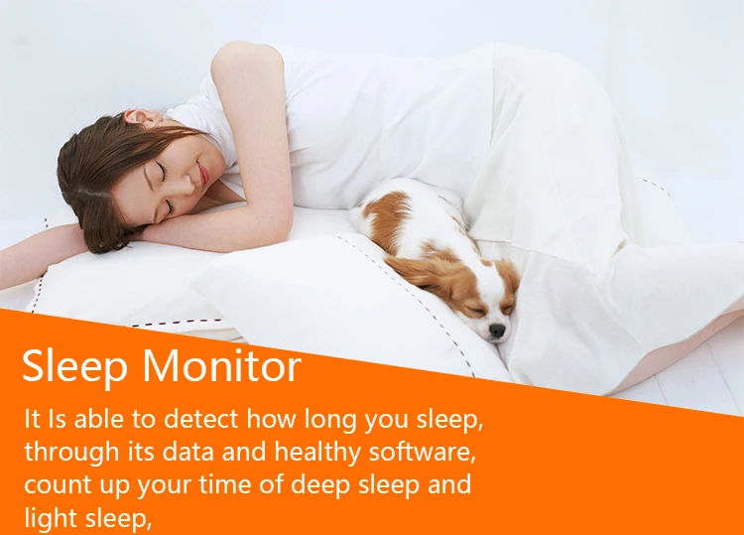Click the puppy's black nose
496,331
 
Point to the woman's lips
204,174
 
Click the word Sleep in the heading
74,366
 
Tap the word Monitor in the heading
221,365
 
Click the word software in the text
423,451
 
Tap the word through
71,453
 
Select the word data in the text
188,452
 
